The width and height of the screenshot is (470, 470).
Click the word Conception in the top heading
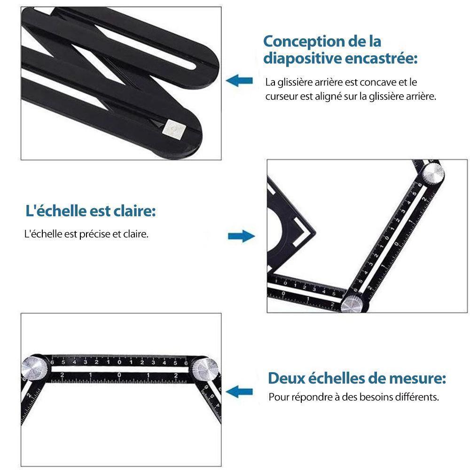pyautogui.click(x=303, y=42)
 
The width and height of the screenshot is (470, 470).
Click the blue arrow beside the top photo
pyautogui.click(x=239, y=81)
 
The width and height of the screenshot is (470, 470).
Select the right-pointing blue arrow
pyautogui.click(x=241, y=236)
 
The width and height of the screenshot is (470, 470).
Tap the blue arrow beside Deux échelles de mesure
pyautogui.click(x=239, y=392)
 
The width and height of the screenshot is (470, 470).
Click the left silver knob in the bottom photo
pyautogui.click(x=34, y=368)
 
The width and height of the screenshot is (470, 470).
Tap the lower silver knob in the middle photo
pyautogui.click(x=352, y=304)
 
